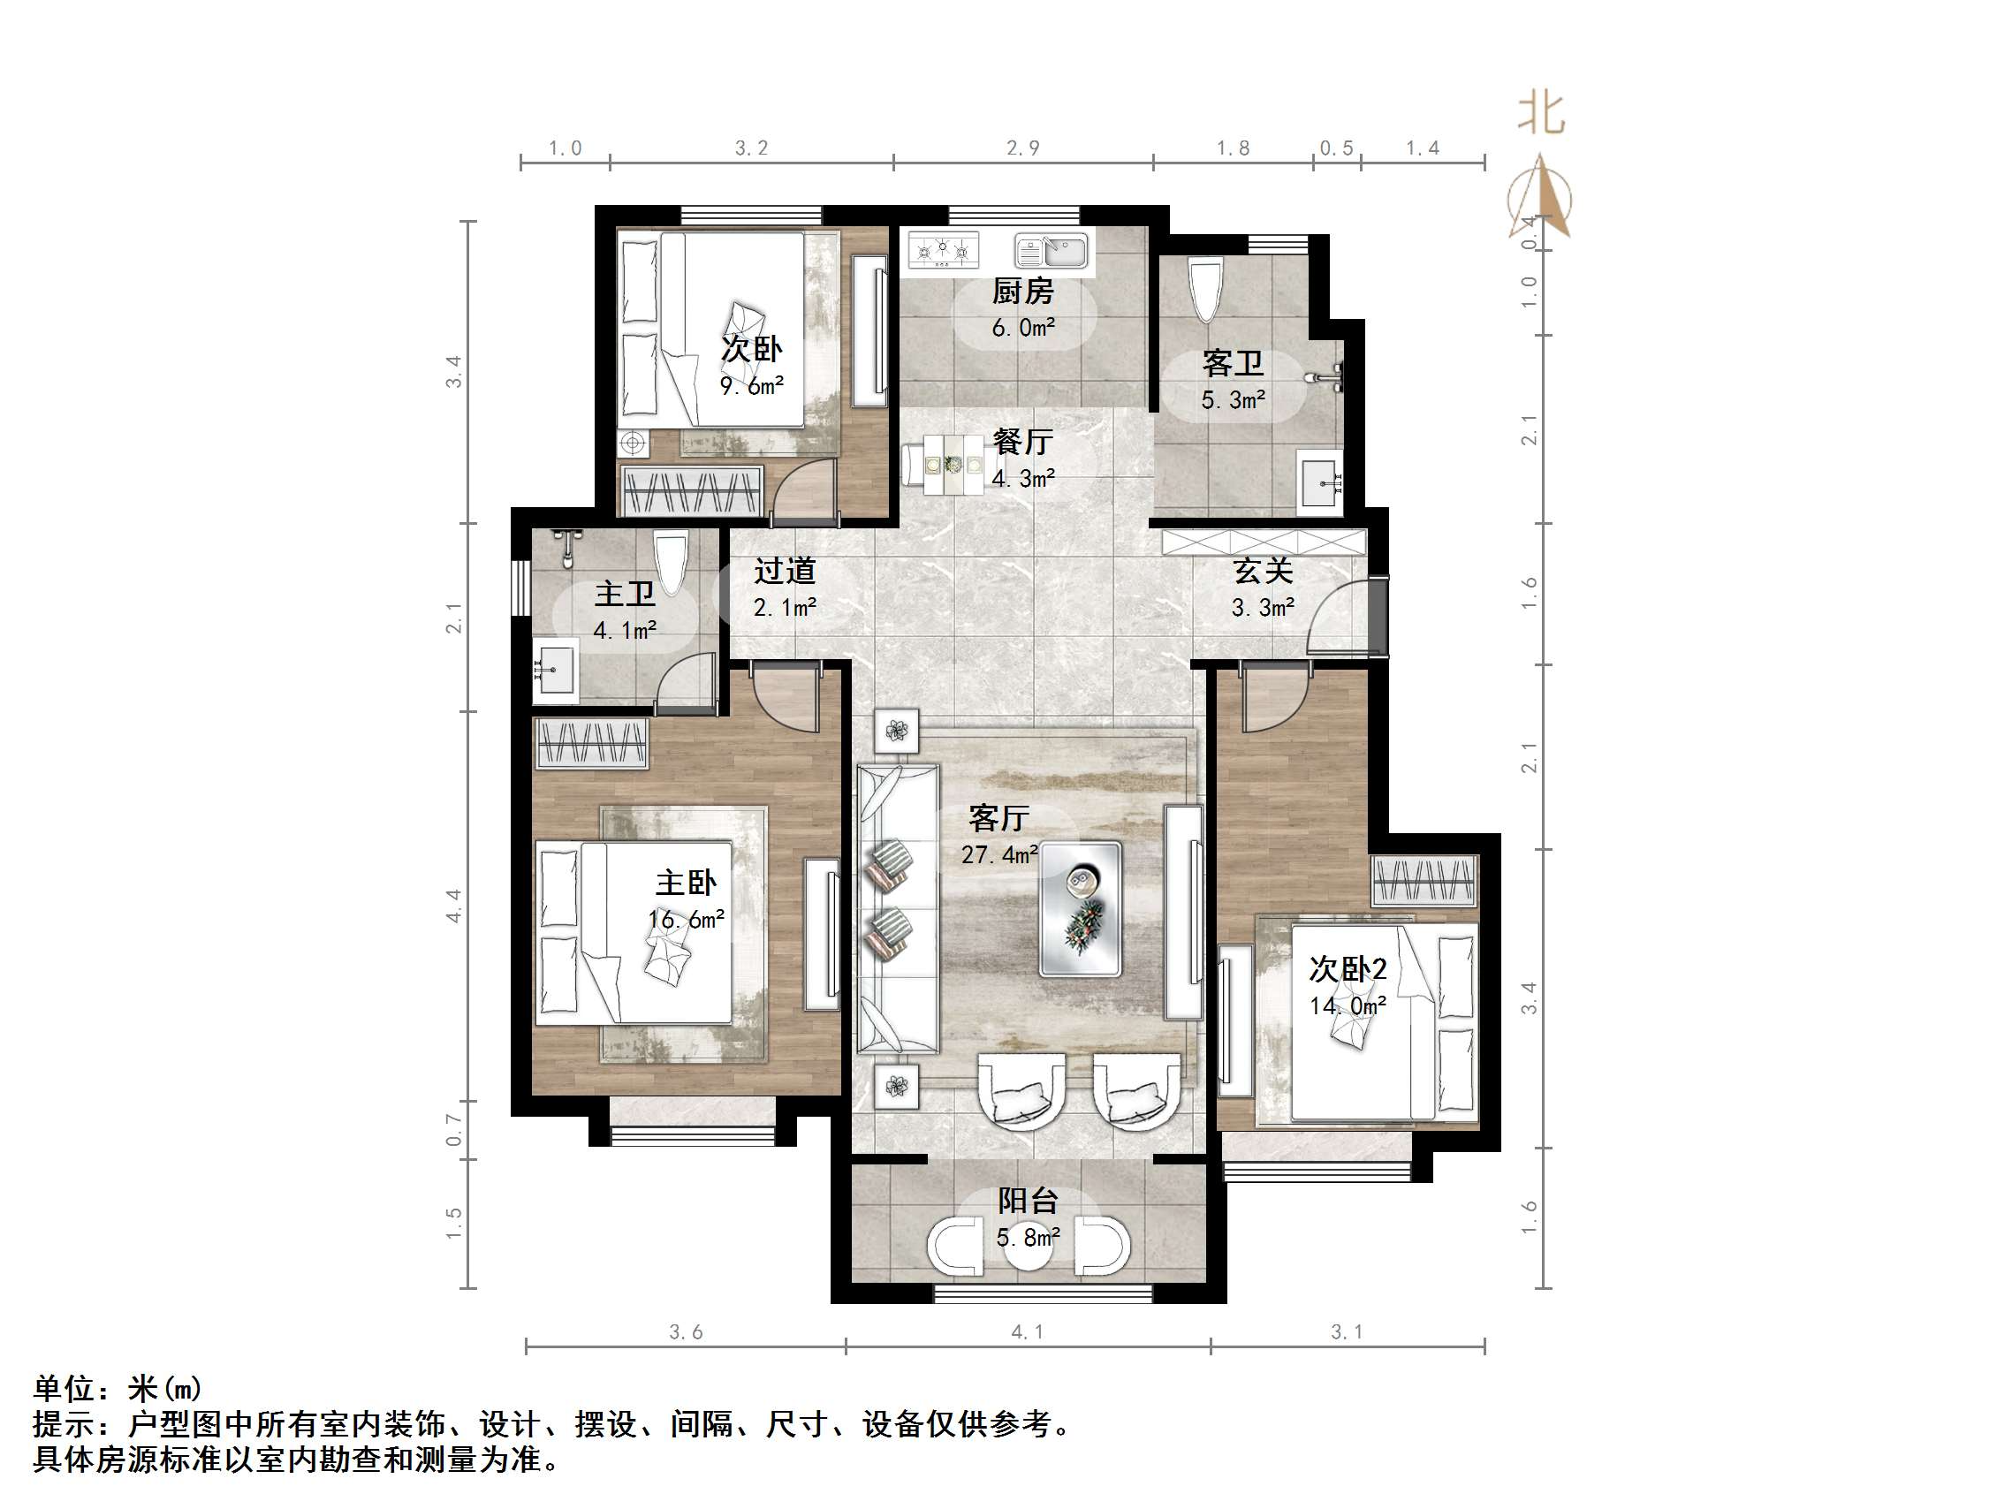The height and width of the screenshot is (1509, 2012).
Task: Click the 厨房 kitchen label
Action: [1022, 291]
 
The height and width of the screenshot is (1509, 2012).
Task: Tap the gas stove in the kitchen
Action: [943, 248]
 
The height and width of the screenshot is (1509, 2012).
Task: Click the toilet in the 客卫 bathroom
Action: [1205, 289]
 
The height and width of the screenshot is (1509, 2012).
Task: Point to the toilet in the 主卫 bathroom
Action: [671, 560]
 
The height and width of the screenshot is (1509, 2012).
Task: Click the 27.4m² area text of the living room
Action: [998, 855]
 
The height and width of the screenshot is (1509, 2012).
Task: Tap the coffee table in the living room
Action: [1080, 909]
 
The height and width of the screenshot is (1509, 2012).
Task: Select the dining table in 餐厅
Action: [953, 465]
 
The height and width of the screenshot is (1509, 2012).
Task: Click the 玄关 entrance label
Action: [1263, 572]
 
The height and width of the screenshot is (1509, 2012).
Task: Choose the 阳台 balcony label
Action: [1028, 1201]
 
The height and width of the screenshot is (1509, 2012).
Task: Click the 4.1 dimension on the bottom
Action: [1028, 1331]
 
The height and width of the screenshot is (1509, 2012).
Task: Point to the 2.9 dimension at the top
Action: [1022, 148]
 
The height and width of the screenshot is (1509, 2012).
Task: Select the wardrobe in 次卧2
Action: [1424, 881]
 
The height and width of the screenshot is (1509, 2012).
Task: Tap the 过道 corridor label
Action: [784, 572]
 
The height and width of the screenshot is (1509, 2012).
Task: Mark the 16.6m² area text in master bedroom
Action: [686, 920]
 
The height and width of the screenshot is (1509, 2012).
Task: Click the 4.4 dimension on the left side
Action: [454, 906]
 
